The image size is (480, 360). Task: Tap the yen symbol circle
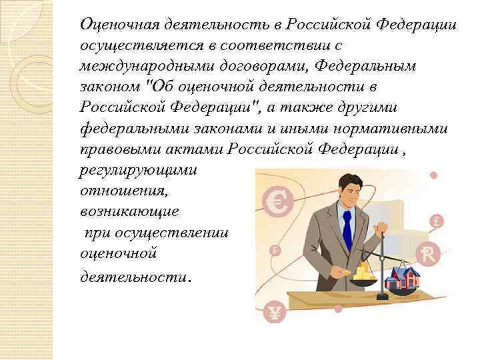(273, 311)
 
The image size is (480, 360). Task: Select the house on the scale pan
(400, 274)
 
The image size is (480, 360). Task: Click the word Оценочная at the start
(118, 25)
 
